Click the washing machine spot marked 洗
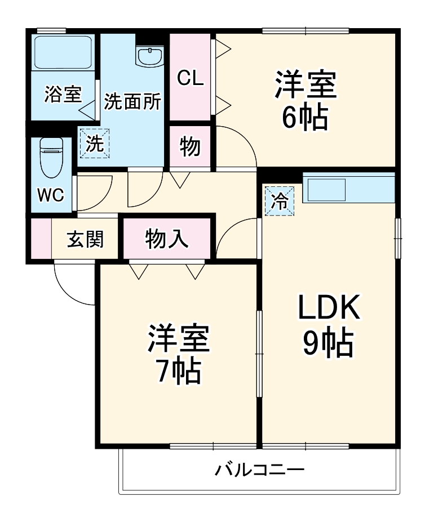[94, 144]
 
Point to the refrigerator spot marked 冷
[280, 200]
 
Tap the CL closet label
[190, 78]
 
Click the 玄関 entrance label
[86, 239]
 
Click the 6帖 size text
[306, 117]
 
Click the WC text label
[51, 195]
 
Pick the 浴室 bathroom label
[63, 94]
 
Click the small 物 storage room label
[190, 147]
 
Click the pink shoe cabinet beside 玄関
[41, 239]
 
